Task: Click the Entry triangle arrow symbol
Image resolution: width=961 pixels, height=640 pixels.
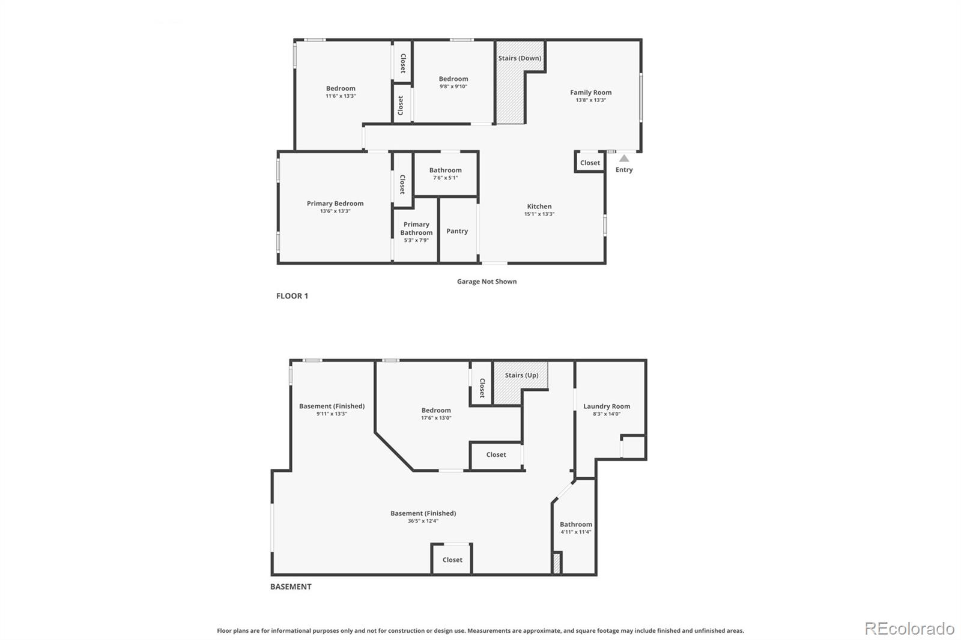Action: (624, 158)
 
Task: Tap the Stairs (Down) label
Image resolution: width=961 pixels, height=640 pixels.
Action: (520, 58)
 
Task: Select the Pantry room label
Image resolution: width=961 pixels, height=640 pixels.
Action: (457, 231)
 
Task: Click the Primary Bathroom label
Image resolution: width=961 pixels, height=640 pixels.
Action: (416, 229)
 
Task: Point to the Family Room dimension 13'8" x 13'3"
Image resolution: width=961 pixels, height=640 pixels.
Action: (590, 100)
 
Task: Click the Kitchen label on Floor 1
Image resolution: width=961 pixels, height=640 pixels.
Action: (539, 207)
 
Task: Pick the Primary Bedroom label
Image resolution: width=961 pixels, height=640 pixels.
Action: (335, 204)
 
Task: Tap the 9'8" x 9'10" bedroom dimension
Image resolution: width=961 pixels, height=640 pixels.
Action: (453, 86)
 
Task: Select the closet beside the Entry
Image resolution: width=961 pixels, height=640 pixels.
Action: (590, 163)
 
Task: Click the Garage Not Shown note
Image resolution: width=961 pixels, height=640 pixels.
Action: (487, 282)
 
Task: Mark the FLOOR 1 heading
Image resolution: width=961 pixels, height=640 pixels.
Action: (292, 296)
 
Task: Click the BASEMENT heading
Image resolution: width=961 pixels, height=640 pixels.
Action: (291, 587)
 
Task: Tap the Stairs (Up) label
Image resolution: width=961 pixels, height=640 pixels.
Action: (521, 375)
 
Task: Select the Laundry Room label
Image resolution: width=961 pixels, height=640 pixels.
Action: (607, 406)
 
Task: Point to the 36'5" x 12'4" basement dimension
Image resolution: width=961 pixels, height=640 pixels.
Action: (423, 521)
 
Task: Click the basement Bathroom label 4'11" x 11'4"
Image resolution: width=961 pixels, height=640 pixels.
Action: (576, 525)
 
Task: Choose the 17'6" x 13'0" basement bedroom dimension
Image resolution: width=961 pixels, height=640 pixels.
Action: (436, 418)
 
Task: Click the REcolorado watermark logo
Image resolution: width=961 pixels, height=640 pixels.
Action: (909, 629)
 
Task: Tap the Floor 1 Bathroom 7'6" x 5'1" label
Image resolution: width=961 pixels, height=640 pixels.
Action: (445, 171)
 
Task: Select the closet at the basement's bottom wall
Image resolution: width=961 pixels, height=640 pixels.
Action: (452, 560)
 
